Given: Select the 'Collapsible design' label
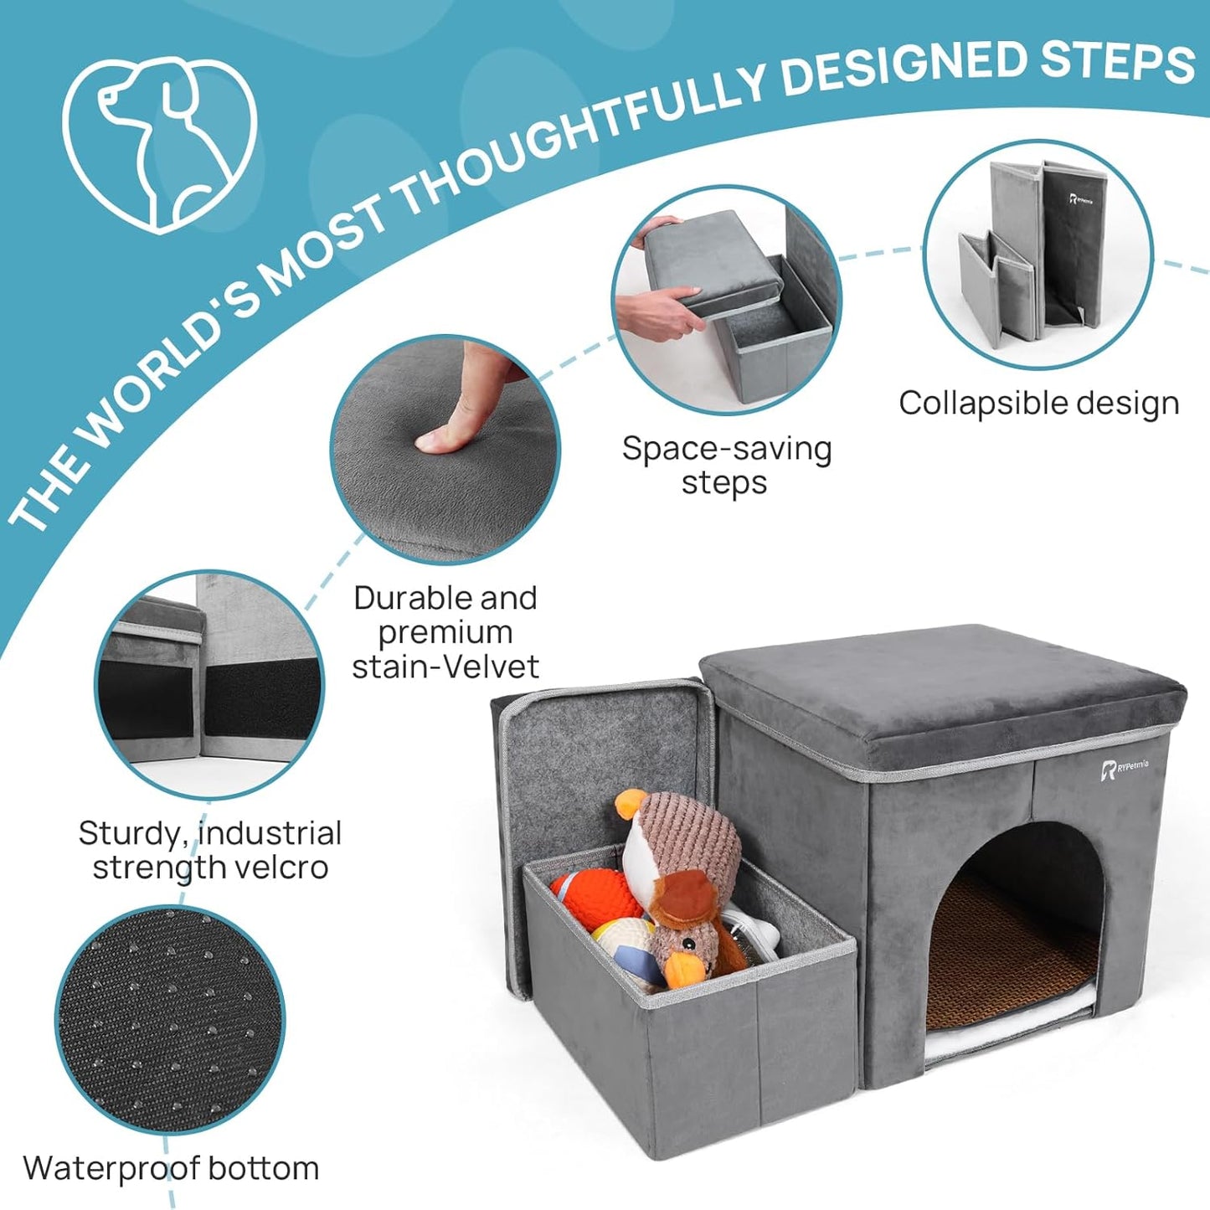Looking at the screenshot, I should [1038, 404].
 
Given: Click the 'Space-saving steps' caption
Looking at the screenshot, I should [726, 466].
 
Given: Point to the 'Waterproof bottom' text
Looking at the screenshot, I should [171, 1168].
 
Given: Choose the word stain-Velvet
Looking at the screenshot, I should [445, 667].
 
